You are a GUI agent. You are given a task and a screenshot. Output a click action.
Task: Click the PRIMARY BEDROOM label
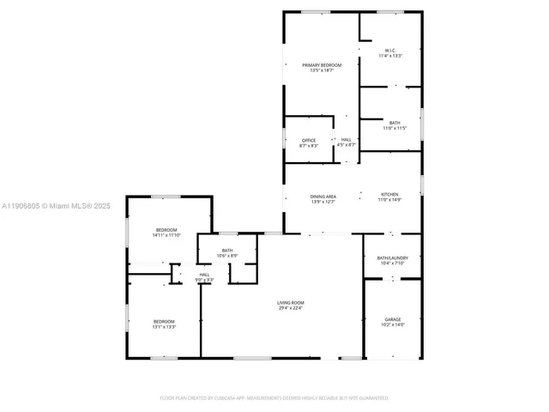click(x=322, y=65)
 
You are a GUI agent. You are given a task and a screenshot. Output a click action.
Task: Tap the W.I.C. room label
click(x=390, y=51)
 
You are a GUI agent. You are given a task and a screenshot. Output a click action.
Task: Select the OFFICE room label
click(x=309, y=140)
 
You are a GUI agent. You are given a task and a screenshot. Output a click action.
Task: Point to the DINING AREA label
click(x=323, y=197)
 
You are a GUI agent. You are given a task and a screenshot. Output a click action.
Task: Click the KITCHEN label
click(x=390, y=197)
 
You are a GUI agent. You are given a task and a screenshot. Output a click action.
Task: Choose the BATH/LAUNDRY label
click(x=392, y=257)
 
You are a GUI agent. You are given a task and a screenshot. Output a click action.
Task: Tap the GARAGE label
click(x=393, y=318)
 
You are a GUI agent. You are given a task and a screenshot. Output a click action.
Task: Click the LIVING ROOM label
click(x=291, y=302)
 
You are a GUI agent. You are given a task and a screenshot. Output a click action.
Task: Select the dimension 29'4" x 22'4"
click(x=291, y=308)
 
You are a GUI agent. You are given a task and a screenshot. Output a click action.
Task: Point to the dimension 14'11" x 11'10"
click(x=166, y=234)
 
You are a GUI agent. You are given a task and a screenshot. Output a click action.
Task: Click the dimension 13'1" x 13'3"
click(x=164, y=327)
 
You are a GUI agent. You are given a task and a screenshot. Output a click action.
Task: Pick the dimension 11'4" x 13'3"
click(x=390, y=57)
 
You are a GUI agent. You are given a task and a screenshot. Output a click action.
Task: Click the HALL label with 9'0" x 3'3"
click(x=204, y=275)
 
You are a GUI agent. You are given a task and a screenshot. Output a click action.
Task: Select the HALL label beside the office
click(x=347, y=140)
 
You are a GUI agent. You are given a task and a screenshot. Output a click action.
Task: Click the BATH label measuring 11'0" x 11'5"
click(x=395, y=123)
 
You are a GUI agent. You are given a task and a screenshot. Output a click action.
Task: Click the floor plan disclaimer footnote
click(x=274, y=398)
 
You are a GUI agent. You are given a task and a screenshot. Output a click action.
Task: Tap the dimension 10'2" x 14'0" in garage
click(x=393, y=324)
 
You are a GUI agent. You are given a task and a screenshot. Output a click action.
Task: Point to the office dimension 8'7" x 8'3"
click(x=309, y=146)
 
